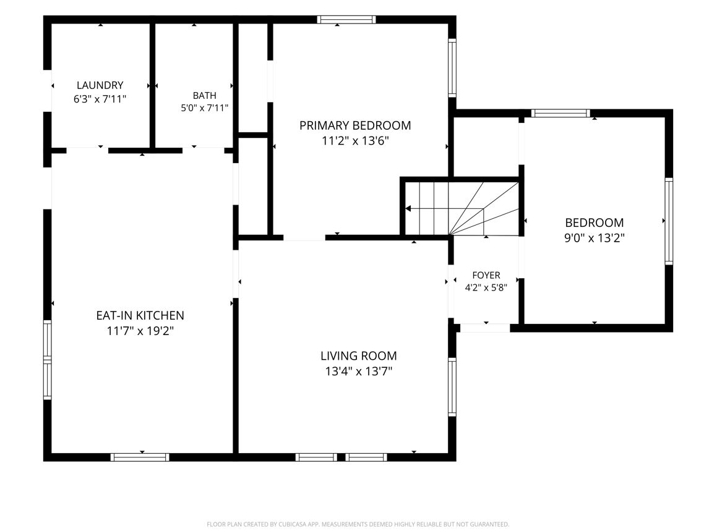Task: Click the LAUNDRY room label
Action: [100, 85]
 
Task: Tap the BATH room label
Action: [204, 96]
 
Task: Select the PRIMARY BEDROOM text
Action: [355, 125]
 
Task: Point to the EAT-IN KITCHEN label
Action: [140, 315]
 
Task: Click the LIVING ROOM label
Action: [359, 355]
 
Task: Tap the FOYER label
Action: [486, 275]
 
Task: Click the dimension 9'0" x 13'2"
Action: [595, 238]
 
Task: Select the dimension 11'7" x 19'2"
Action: [140, 331]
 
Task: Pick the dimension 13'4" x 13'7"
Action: [359, 371]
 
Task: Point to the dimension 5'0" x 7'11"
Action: [204, 108]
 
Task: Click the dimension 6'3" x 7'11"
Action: [100, 99]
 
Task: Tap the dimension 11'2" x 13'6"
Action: [355, 141]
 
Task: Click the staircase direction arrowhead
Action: [408, 209]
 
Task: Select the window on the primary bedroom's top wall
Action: [346, 20]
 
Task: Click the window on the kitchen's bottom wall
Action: [140, 457]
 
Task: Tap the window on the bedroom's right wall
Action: [669, 221]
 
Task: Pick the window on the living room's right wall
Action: [452, 387]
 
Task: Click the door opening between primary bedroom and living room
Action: [304, 237]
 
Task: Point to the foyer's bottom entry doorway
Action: [485, 328]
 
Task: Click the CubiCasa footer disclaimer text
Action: [358, 524]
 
